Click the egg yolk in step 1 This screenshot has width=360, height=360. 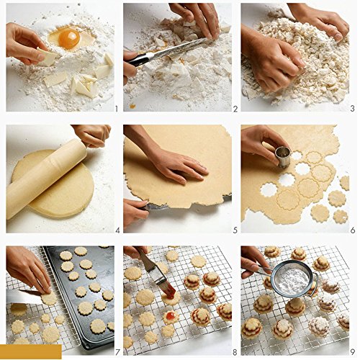69,38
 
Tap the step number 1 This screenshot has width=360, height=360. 117,109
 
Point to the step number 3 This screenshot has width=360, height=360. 352,109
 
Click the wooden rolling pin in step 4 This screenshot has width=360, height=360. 48,178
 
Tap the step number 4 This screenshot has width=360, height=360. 117,230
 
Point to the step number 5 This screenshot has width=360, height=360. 235,230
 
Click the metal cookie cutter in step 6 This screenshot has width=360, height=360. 283,156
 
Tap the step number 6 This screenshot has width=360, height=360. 353,230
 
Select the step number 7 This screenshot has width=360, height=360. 117,352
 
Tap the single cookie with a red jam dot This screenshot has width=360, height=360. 171,317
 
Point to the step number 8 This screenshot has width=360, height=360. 235,352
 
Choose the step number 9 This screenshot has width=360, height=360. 352,352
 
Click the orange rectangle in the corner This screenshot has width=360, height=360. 31,351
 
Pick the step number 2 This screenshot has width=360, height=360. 235,109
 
